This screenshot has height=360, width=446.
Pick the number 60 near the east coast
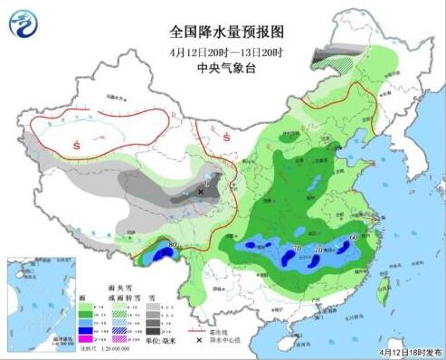point(351,238)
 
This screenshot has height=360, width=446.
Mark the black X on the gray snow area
point(200,192)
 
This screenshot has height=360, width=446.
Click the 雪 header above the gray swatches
point(152,297)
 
